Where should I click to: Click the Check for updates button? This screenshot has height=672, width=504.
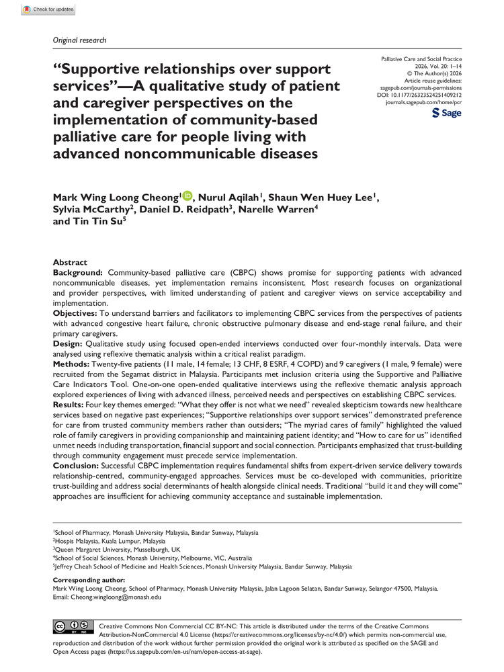[48, 10]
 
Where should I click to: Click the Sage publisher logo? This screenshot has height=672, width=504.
[448, 114]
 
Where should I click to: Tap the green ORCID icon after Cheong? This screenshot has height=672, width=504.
[187, 196]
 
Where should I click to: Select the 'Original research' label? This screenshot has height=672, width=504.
[79, 40]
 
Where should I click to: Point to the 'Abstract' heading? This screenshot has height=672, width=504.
[70, 262]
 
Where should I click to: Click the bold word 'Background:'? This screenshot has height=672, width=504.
[77, 271]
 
